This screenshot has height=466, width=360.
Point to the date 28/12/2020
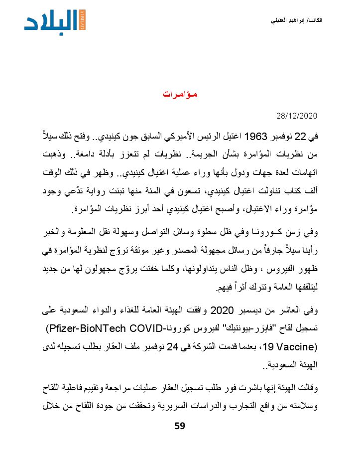tap(297, 116)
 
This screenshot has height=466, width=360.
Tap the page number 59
tap(180, 426)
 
